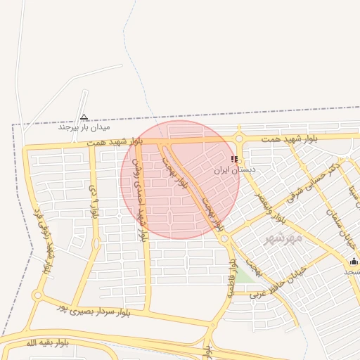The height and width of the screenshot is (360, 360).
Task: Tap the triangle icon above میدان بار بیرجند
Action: [84, 117]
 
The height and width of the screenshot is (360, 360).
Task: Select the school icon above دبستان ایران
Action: [234, 160]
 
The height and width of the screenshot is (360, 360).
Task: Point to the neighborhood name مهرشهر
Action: [283, 238]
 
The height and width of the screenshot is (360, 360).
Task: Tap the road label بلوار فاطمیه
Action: [230, 278]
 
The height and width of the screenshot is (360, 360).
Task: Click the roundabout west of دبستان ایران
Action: [240, 139]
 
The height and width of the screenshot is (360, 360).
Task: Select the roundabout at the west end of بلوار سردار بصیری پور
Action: [37, 296]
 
